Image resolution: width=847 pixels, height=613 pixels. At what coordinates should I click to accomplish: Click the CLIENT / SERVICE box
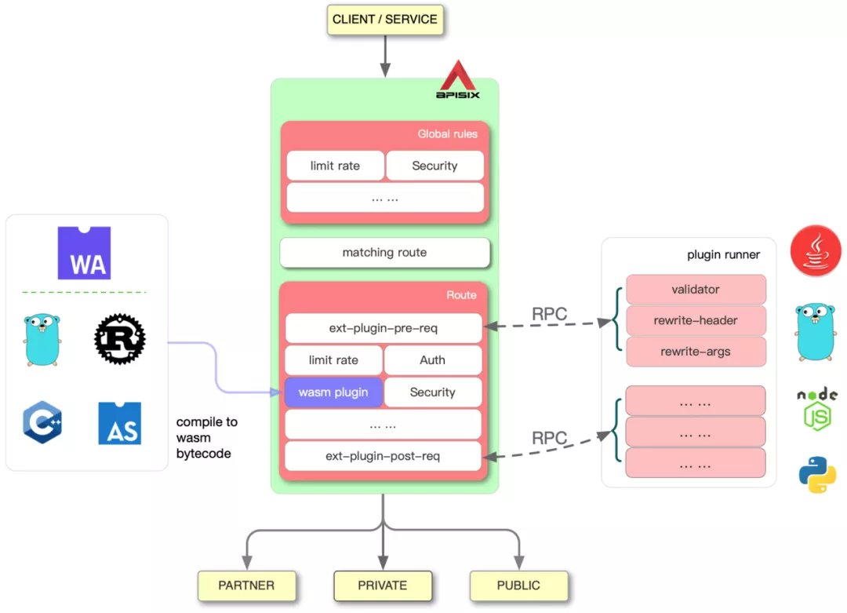tap(384, 20)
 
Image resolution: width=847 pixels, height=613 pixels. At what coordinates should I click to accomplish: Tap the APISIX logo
tap(458, 80)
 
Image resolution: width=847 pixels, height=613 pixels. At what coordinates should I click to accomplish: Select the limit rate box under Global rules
tap(335, 166)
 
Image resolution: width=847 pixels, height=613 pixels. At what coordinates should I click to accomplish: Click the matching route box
tap(384, 253)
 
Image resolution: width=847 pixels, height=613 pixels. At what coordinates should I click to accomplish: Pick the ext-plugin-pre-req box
tap(383, 328)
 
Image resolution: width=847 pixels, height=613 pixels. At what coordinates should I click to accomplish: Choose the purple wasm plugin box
tap(333, 392)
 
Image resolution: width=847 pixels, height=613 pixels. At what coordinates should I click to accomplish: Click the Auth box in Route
tap(432, 360)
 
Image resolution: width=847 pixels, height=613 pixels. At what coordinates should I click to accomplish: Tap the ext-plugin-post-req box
tap(383, 456)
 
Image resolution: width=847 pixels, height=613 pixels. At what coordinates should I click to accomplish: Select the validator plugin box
tap(696, 290)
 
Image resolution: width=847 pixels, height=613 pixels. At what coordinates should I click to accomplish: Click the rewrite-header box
tap(696, 320)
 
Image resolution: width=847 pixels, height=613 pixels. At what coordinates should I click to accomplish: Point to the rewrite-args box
tap(696, 352)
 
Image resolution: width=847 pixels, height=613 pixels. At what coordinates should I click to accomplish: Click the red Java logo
tap(816, 250)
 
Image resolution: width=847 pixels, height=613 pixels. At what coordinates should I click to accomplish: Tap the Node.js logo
tap(816, 409)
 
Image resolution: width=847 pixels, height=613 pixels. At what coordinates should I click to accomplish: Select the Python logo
tap(817, 474)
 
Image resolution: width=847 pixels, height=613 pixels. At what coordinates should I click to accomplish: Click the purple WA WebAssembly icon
tap(84, 254)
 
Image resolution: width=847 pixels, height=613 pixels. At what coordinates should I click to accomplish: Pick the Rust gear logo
tap(119, 339)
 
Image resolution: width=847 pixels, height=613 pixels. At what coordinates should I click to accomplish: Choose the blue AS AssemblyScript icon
tap(120, 423)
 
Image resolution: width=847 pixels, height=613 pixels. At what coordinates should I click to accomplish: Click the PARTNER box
tap(246, 586)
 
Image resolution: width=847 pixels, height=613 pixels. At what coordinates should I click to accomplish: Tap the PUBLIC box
tap(518, 586)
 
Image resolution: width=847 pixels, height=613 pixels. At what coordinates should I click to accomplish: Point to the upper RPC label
tap(549, 314)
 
